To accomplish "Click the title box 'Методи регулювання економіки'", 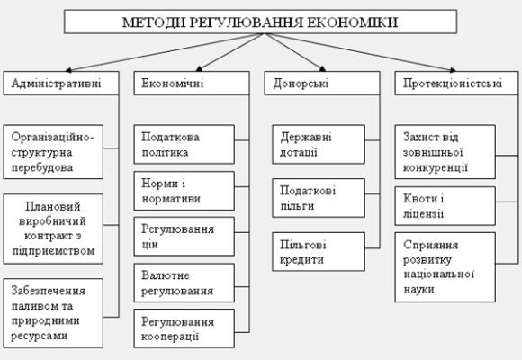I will pyautogui.click(x=262, y=21).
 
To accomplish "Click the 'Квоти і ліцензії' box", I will pyautogui.click(x=445, y=206).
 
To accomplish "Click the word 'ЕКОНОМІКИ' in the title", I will pyautogui.click(x=354, y=21).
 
